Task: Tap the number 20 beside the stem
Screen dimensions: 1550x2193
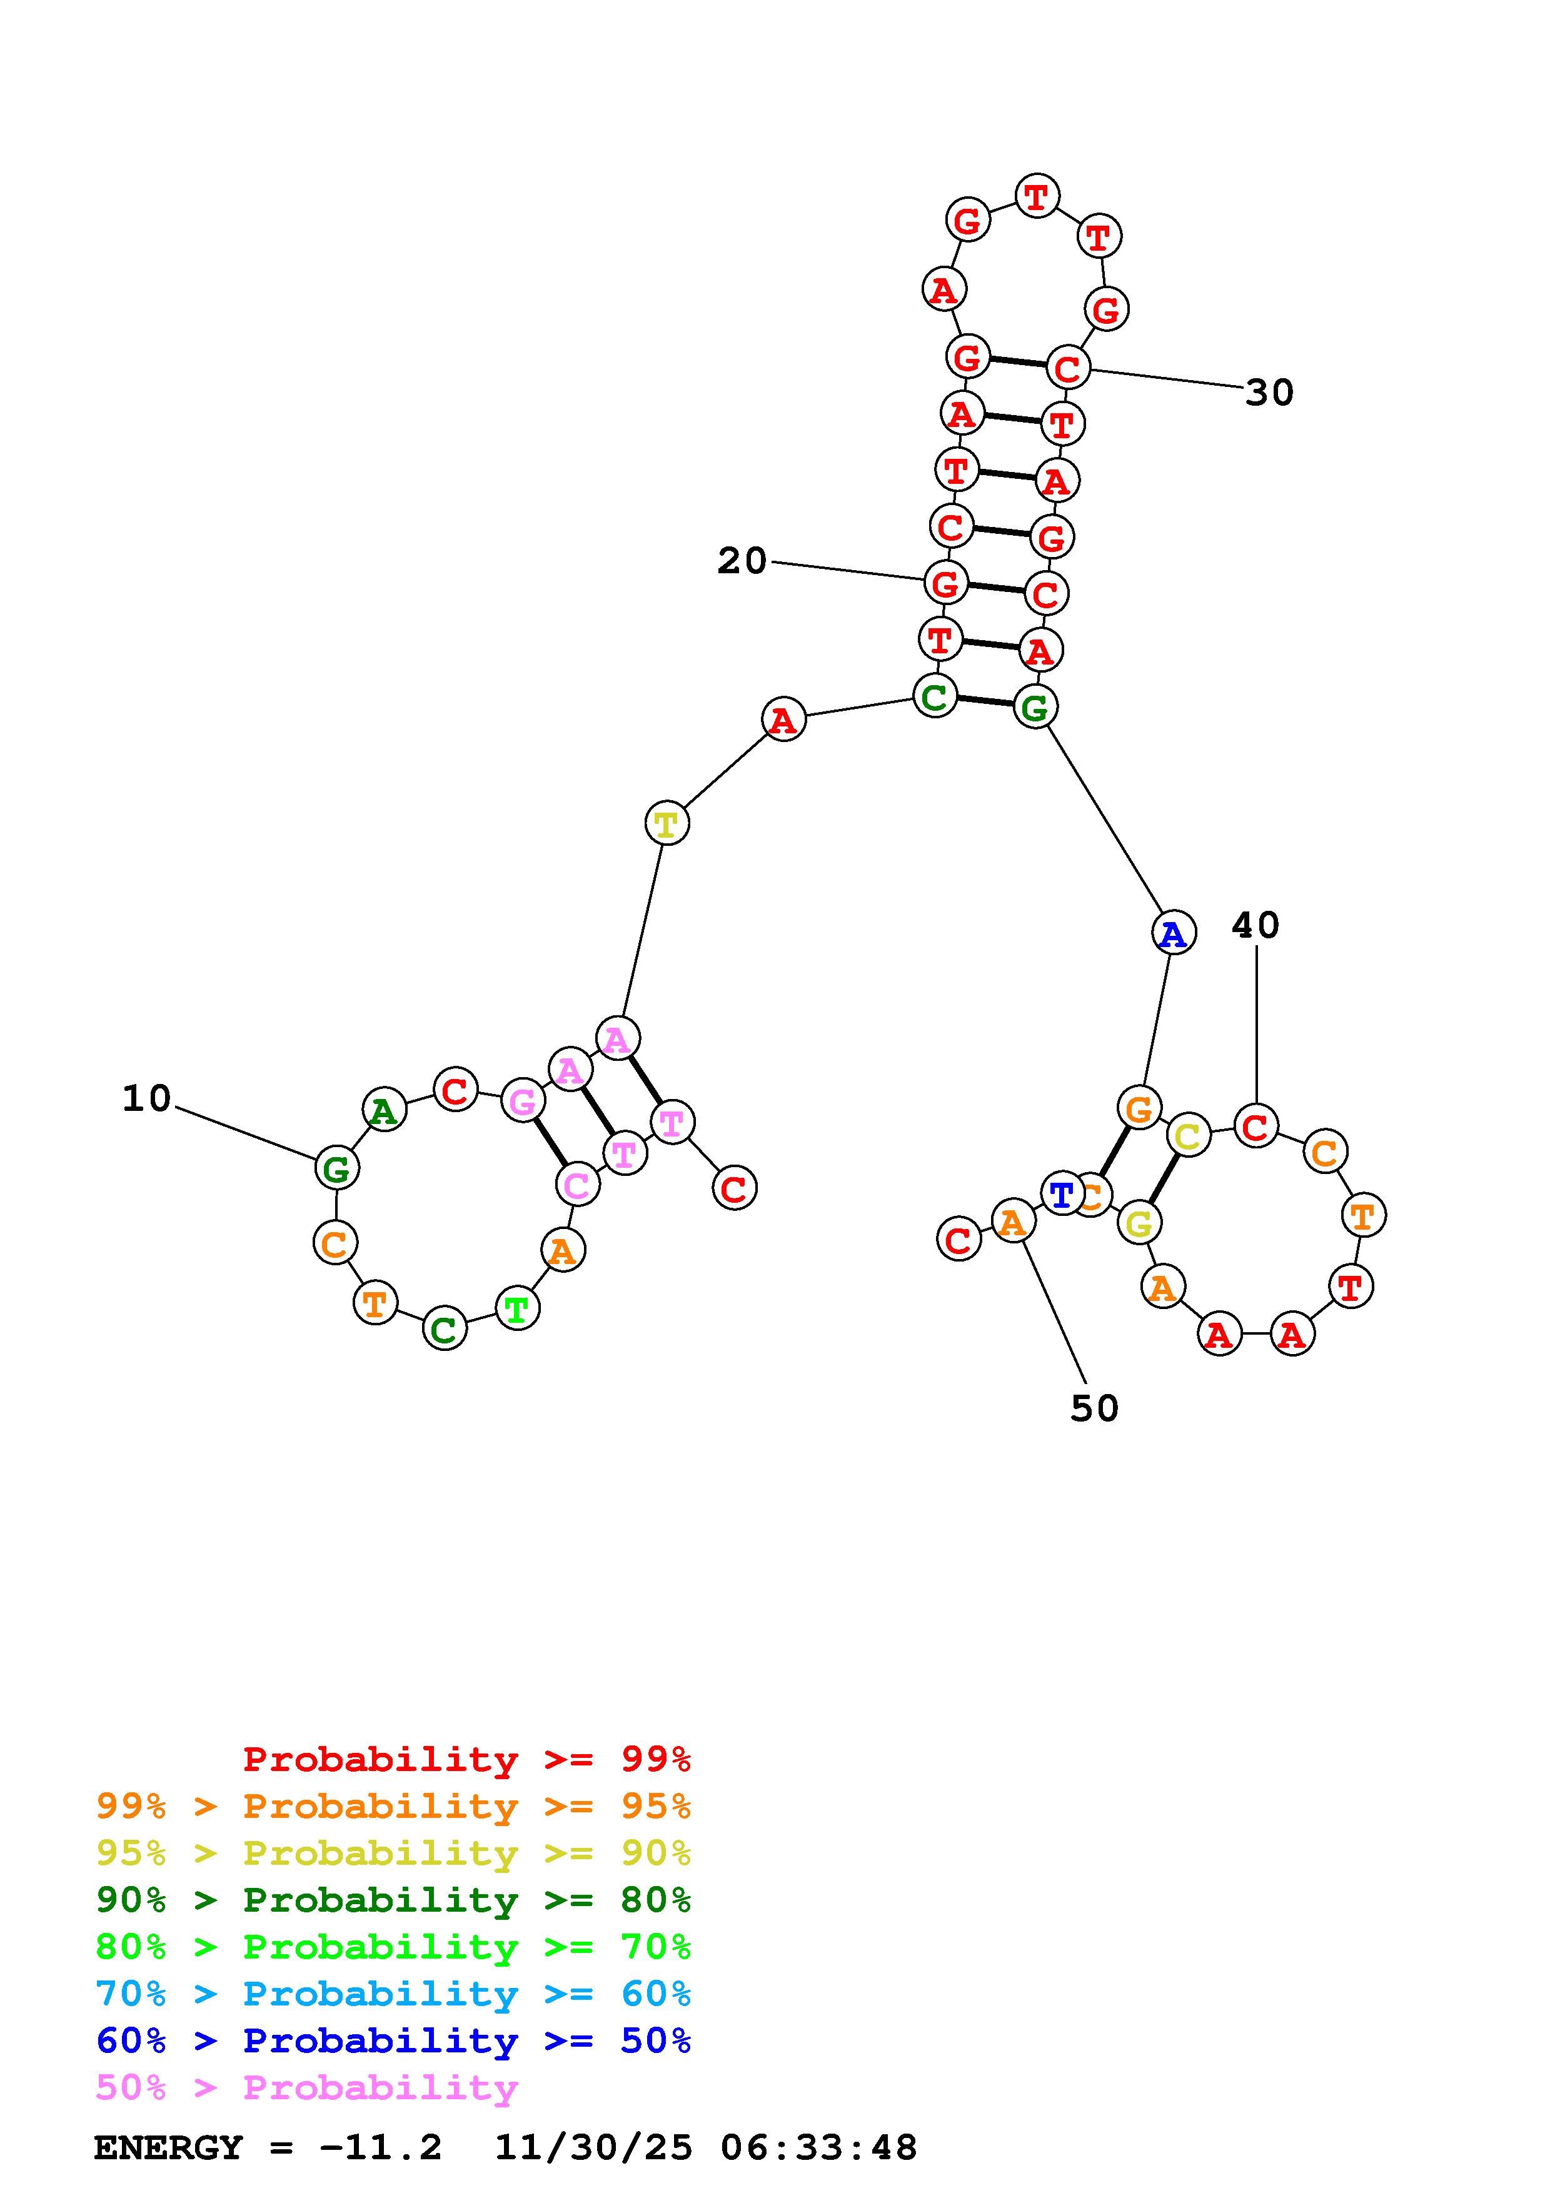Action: click(x=742, y=561)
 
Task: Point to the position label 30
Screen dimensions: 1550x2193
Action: click(x=1269, y=393)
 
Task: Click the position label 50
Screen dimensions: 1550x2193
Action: click(x=1094, y=1408)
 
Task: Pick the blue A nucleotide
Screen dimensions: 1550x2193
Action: click(x=1174, y=933)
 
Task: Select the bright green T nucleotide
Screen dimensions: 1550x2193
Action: click(x=516, y=1308)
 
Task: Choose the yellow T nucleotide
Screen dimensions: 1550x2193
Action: click(x=666, y=823)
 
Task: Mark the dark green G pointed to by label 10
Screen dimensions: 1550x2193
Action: click(x=337, y=1168)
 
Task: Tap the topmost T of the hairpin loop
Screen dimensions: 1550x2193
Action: click(x=1036, y=197)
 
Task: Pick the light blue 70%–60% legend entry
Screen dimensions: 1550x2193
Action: click(x=393, y=1994)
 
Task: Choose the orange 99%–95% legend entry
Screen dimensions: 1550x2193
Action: click(x=393, y=1806)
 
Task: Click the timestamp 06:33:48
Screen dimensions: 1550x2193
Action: click(x=818, y=2147)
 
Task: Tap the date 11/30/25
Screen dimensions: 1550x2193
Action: click(x=593, y=2147)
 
